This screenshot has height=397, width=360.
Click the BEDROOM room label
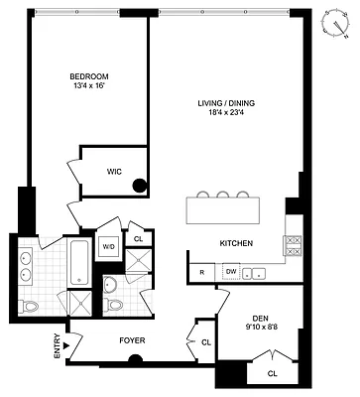(x=88, y=76)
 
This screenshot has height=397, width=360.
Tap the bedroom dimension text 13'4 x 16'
(x=88, y=87)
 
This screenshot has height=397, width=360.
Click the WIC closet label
(x=115, y=171)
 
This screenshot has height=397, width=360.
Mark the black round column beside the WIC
(x=140, y=183)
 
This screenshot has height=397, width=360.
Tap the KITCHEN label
(x=236, y=243)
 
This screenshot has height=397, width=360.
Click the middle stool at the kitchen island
(x=222, y=196)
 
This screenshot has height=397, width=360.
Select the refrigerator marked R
(x=201, y=271)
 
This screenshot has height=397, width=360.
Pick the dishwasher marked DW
(x=230, y=271)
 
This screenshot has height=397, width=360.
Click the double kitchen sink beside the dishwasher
(x=255, y=271)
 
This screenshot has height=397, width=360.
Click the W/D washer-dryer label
(x=109, y=246)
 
